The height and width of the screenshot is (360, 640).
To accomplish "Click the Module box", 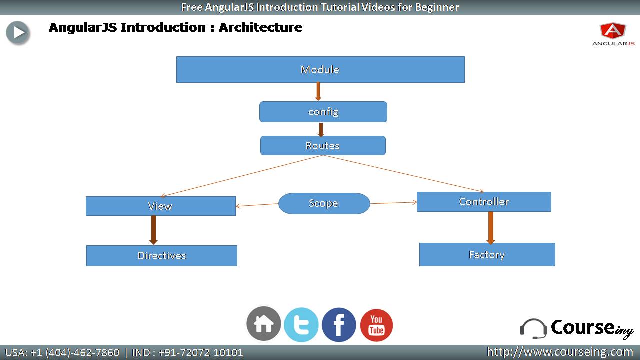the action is tap(320, 69).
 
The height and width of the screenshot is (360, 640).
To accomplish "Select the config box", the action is tap(323, 112).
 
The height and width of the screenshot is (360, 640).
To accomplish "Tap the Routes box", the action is tap(323, 145).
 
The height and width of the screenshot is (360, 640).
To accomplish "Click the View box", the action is tap(161, 206).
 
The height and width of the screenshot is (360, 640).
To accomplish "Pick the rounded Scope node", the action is tap(324, 203).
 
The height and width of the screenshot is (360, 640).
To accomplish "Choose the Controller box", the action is tap(484, 202).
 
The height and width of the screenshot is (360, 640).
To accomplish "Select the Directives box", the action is tap(161, 255).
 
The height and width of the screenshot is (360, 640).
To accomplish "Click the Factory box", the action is tap(487, 254).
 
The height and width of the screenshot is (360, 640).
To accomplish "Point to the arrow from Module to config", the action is tap(318, 91).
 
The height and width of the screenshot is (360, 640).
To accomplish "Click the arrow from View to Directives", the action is tap(153, 230).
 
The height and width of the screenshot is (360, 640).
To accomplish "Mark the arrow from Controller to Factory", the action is tap(491, 228).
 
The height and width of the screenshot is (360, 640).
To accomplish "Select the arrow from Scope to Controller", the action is tap(393, 203).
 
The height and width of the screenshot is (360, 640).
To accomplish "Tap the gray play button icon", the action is tap(18, 33).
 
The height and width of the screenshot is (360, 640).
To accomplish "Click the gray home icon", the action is tap(263, 324).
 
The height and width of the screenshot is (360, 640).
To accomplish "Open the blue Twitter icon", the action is tap(301, 325).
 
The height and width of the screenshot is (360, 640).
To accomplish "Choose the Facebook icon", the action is tap(339, 325).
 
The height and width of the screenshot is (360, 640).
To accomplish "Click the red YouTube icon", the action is tap(376, 325).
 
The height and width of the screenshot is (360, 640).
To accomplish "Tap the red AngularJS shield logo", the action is tap(613, 30).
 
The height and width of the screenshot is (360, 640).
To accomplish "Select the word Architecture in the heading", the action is tap(260, 27).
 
